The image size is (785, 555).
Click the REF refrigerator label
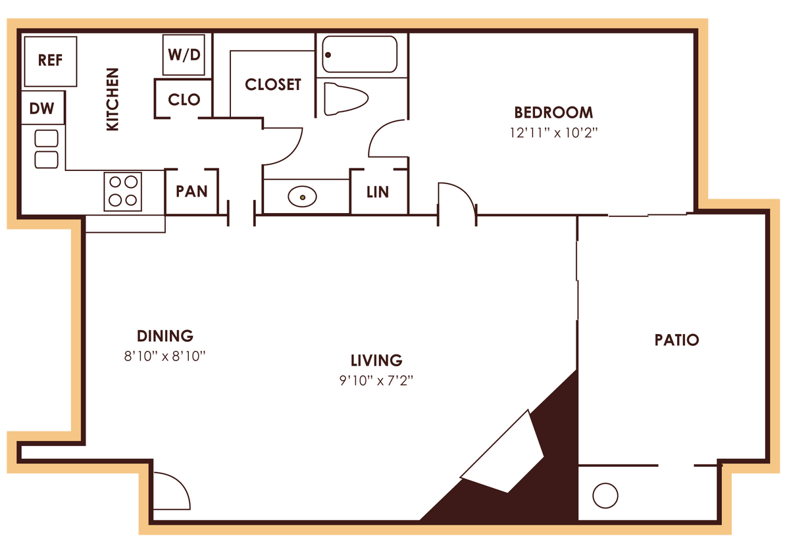50,60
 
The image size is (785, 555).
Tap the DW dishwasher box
42,109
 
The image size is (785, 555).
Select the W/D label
184,55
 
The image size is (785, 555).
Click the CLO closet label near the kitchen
184,99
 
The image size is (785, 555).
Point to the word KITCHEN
113,99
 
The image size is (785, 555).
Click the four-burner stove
123,191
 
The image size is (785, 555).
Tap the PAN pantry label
191,191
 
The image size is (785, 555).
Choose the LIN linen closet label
378,192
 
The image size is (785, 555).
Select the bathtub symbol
359,54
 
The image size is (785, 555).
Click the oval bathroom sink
302,196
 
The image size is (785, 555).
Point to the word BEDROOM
553,112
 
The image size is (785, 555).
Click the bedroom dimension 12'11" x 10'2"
553,132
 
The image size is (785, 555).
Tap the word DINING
165,336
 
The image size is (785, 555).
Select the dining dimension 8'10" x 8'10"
165,356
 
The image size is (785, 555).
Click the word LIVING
376,360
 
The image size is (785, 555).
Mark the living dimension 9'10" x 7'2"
376,380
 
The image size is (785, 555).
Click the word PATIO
676,340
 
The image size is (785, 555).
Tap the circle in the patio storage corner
605,495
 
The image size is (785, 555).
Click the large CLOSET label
273,85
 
